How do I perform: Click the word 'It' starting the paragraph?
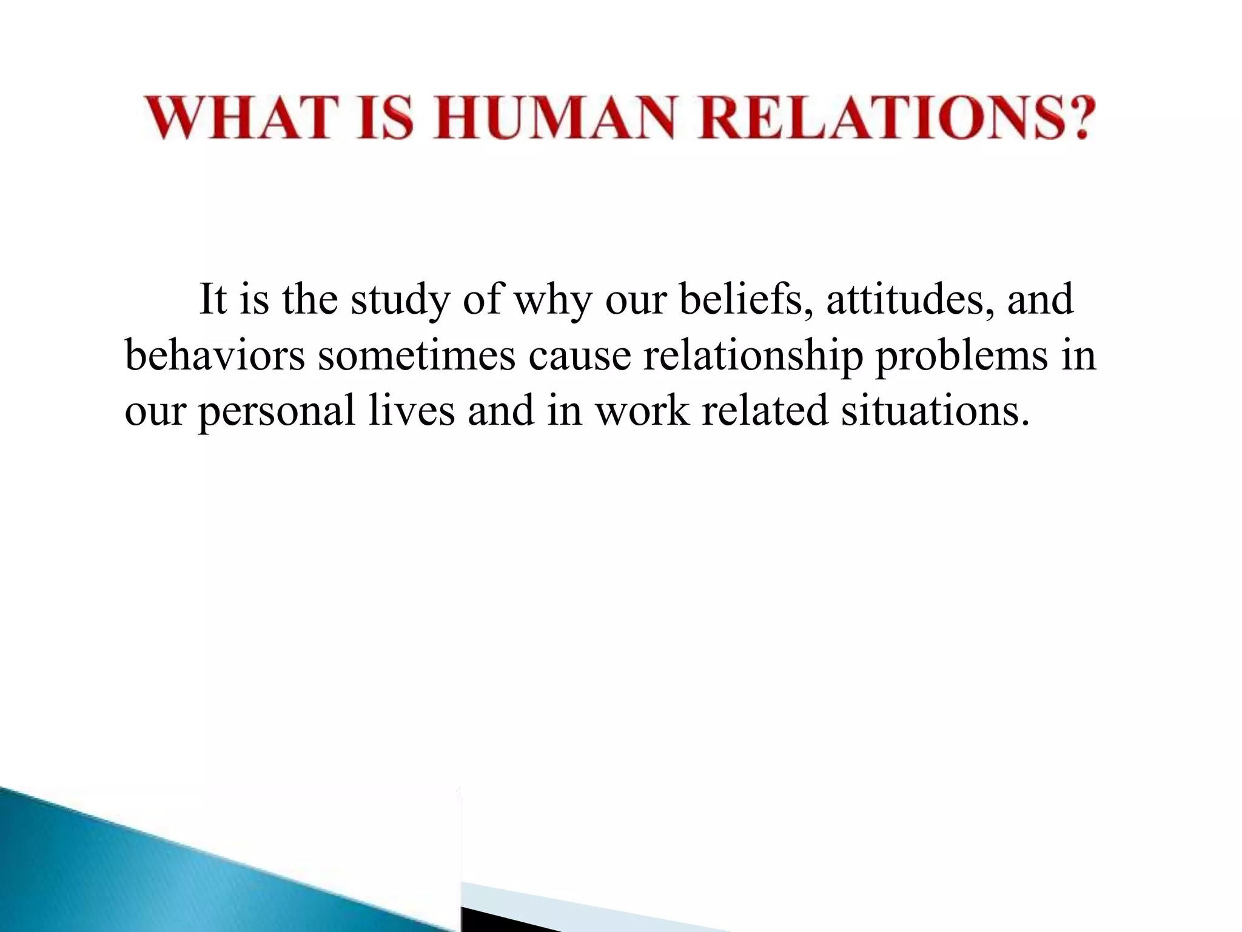point(212,299)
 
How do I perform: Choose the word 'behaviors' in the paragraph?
point(215,355)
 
